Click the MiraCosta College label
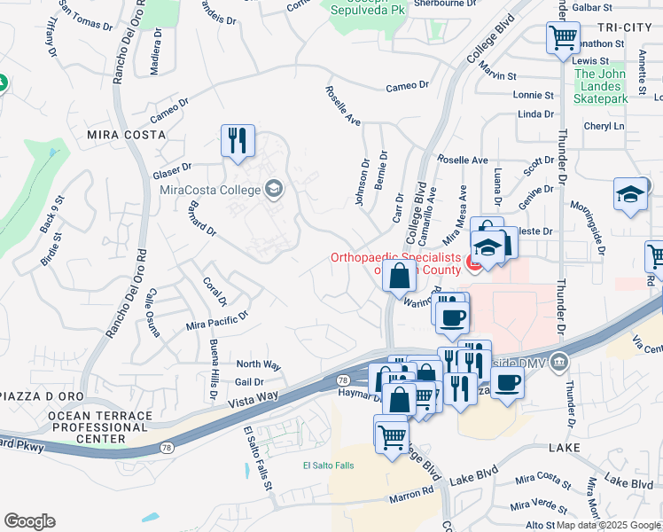coord(210,190)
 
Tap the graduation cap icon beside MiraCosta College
coord(274,188)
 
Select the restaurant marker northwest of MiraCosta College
coord(238,142)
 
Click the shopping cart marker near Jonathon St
coord(563,38)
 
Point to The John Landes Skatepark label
coord(602,87)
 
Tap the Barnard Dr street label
coord(200,217)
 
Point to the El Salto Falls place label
coord(328,465)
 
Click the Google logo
coord(29,521)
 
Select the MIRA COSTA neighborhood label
coord(126,135)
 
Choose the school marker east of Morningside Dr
coord(630,196)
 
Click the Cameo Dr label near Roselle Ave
coord(406,86)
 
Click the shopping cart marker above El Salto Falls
coord(392,434)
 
